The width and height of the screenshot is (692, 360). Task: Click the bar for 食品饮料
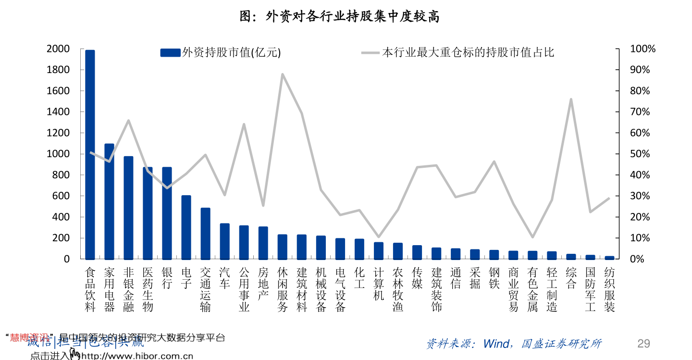click(90, 154)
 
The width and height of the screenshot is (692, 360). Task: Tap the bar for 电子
click(186, 227)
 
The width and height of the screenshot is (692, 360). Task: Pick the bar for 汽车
click(224, 241)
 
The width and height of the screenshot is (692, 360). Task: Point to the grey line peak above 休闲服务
click(283, 74)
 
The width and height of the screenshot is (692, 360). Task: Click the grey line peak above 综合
click(571, 99)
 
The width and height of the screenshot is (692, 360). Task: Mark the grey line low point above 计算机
click(379, 237)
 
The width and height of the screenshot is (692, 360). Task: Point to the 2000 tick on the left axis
click(58, 49)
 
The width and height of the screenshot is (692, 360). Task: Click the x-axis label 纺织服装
click(609, 289)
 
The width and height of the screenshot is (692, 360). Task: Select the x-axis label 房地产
click(263, 284)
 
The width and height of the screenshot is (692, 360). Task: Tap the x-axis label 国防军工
click(590, 289)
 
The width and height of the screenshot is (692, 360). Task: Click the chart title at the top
click(340, 17)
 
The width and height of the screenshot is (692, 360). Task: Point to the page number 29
click(643, 343)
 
